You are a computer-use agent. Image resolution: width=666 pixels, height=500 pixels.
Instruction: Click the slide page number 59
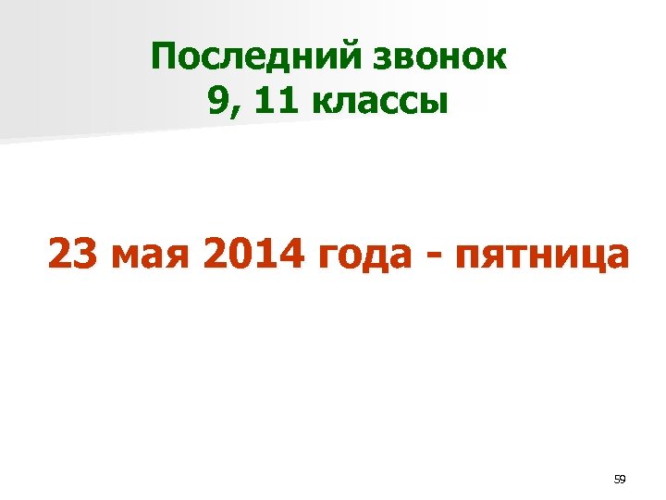point(620,480)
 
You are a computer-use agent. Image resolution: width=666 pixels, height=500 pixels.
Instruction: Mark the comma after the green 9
point(232,111)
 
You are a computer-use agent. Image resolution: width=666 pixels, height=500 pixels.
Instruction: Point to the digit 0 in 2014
point(232,254)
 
